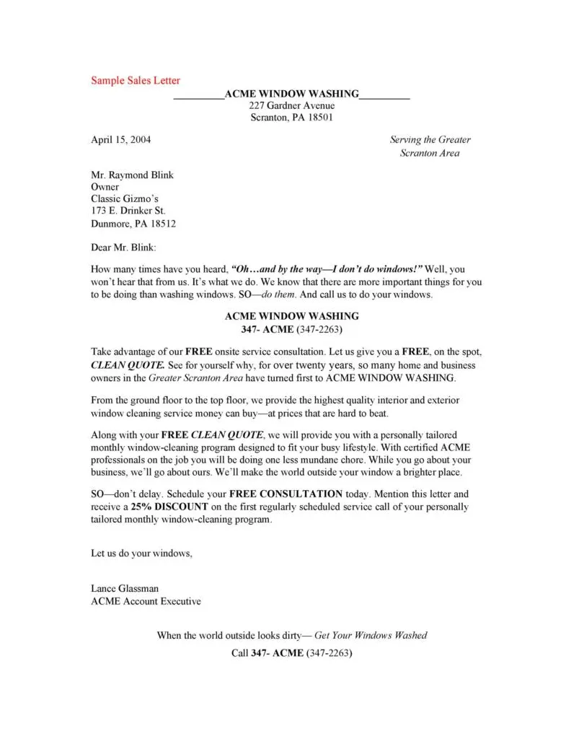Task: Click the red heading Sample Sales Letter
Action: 136,80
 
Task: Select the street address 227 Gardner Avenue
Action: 291,106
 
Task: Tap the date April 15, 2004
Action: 120,140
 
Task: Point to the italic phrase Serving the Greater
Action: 430,140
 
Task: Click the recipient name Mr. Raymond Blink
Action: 132,175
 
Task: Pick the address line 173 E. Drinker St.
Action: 128,211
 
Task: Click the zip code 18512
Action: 162,224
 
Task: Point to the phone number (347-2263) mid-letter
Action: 319,329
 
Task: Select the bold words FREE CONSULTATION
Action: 286,494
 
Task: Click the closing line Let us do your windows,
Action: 141,554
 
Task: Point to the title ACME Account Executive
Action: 146,601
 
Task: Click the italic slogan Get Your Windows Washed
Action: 371,635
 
